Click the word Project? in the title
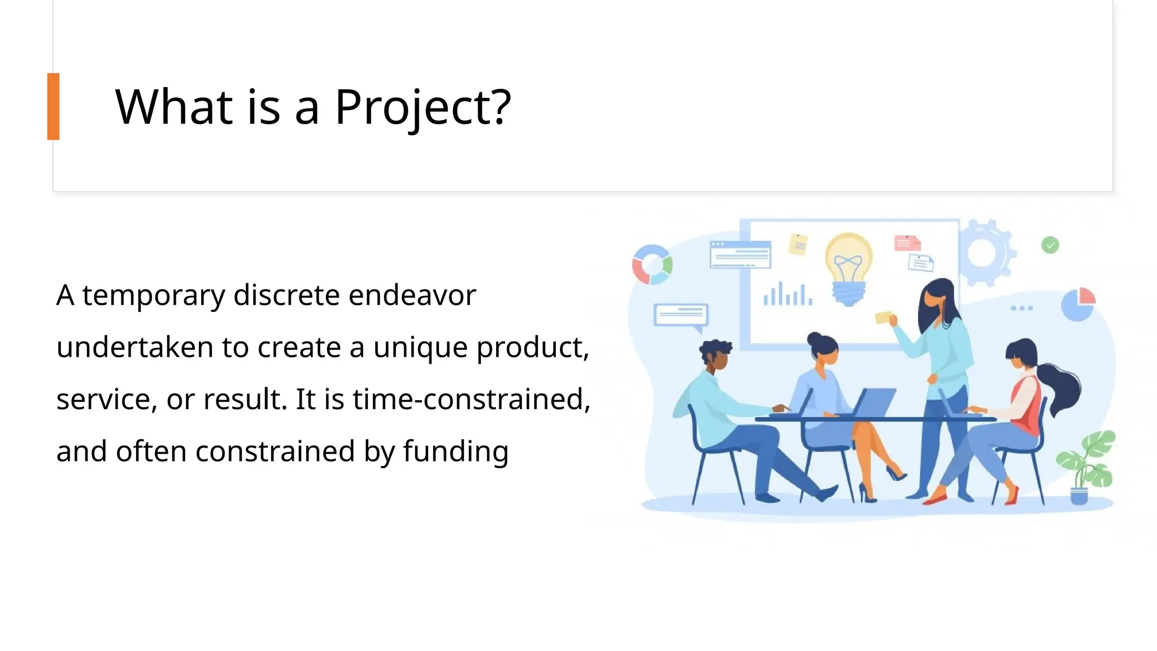coord(423,107)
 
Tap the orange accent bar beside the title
coord(53,106)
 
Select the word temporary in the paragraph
coord(154,296)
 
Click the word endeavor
coord(412,295)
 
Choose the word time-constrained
coord(471,399)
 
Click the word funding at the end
coord(455,452)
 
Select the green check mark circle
coord(1050,245)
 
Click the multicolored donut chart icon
coord(652,264)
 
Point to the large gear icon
coord(984,253)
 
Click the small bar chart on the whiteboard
coord(788,294)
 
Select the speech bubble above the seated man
coord(681,316)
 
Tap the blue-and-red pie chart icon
coord(1078,305)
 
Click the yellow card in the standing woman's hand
coord(883,317)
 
